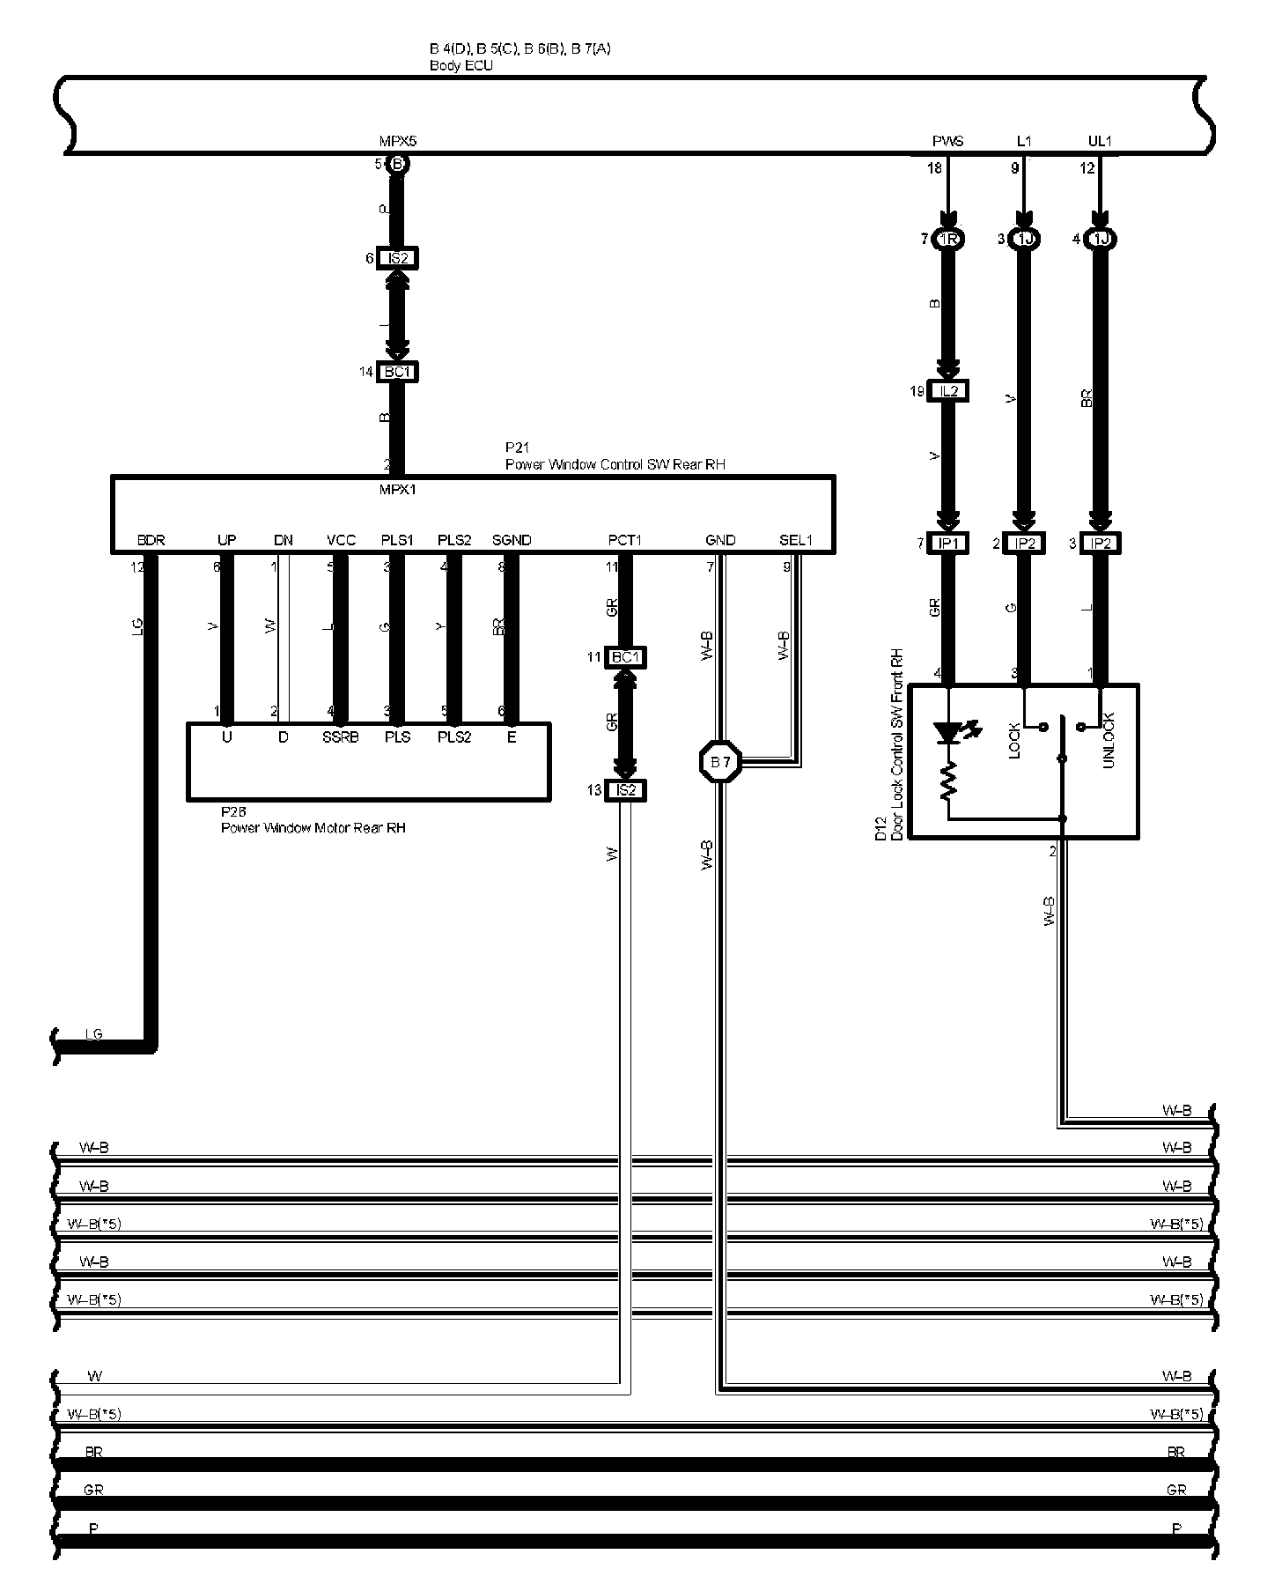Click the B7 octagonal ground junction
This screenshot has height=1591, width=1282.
(x=720, y=762)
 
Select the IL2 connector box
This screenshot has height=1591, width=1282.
(x=947, y=390)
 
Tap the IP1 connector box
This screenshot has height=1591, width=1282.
(x=947, y=544)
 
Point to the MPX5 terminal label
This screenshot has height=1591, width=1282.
(x=397, y=141)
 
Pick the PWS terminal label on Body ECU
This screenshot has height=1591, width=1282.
(x=947, y=141)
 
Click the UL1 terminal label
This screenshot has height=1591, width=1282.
(x=1100, y=141)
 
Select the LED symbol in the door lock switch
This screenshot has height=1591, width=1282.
(x=949, y=732)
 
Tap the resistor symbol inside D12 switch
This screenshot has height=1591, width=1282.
(x=948, y=781)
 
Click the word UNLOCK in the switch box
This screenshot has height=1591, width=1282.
(x=1108, y=740)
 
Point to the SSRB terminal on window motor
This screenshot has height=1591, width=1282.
(x=340, y=737)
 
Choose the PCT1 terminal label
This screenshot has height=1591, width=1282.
(x=624, y=540)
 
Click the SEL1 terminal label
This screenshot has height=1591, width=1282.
(x=796, y=540)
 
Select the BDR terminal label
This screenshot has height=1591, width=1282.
(x=151, y=540)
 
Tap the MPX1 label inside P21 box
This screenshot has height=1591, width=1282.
(x=397, y=490)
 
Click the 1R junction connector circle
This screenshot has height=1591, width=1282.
(x=947, y=240)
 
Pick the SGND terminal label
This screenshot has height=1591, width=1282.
(x=512, y=540)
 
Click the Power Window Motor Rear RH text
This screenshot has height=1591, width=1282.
(x=313, y=828)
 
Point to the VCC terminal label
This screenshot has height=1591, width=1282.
(x=341, y=540)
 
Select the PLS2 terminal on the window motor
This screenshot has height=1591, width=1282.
(x=454, y=737)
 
